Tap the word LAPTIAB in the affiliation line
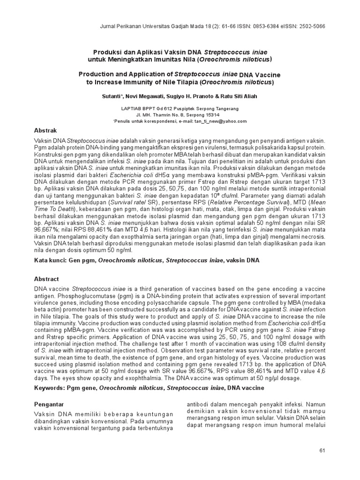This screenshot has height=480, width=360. [132, 108]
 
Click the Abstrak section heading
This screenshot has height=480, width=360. [46, 130]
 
